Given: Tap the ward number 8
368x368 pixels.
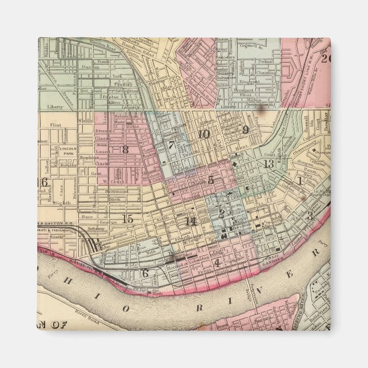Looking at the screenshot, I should coord(125,150).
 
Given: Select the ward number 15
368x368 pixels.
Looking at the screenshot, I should coord(128,218).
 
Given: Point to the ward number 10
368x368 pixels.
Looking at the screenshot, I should coord(203,134).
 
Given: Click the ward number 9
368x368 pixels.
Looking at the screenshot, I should coord(245,130).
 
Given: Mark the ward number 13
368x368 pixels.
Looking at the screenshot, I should coord(269,164).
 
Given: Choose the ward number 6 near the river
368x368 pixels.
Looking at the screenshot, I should coord(145,273).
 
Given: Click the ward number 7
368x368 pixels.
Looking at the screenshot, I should coord(171,145).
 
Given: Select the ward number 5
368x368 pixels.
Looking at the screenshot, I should coord(210,180).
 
